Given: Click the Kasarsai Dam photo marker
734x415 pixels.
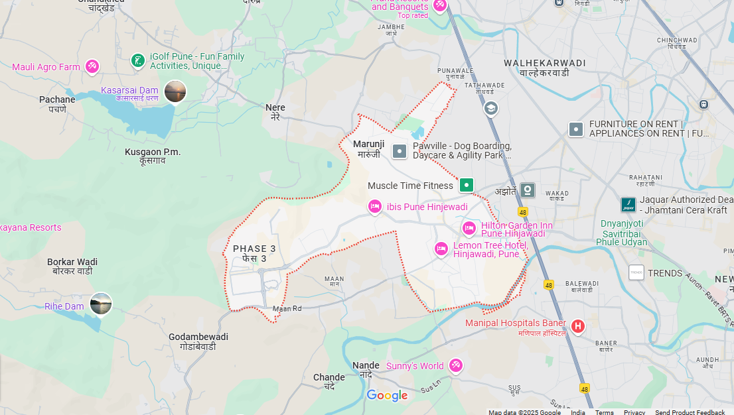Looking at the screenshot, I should [x=175, y=91].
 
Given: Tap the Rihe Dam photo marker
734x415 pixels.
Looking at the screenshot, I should [x=101, y=304].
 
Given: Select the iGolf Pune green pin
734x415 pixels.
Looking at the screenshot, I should [x=137, y=61].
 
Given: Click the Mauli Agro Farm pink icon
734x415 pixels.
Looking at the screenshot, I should [x=92, y=66].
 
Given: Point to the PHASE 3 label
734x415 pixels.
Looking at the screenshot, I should [x=254, y=249].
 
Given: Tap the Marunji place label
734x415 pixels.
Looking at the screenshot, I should [x=368, y=144].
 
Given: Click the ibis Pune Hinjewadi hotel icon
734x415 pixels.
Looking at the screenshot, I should [x=375, y=207].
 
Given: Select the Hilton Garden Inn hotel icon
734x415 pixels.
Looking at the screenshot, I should [x=469, y=229].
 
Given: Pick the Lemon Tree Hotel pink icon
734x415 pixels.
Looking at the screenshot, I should [x=441, y=249].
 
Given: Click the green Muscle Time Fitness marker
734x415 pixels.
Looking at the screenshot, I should [x=467, y=185].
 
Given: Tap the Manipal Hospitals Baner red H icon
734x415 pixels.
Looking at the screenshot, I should [x=578, y=326].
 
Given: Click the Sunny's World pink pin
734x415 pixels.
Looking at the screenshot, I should [x=455, y=365].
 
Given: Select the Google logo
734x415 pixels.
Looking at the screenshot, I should [x=387, y=396].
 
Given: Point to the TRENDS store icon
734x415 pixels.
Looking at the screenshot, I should [x=636, y=272].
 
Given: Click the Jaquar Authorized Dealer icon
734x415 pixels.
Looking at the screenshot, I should [x=628, y=204].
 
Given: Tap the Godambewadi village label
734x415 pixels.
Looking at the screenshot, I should [x=198, y=337].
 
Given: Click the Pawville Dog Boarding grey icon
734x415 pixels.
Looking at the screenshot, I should [x=400, y=151].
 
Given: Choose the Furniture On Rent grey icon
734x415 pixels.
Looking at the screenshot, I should [x=576, y=129].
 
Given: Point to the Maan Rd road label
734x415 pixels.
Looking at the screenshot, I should [x=287, y=308].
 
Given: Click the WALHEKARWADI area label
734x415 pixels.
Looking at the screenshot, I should [x=544, y=63].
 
